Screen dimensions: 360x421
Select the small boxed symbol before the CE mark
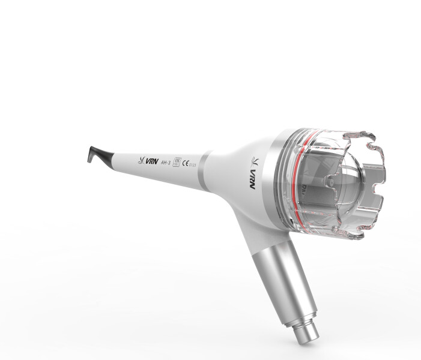point(175,163)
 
